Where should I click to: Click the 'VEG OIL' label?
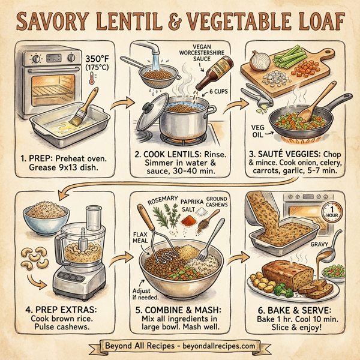coord(259,131)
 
